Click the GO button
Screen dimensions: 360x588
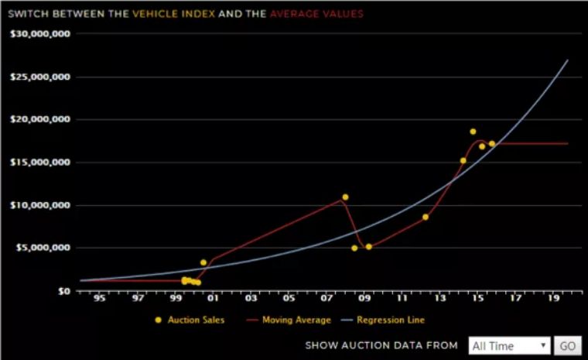[567, 345]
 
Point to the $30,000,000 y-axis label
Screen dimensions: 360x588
[41, 34]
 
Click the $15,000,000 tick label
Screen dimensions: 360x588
[41, 163]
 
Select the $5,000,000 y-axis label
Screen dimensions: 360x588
[43, 249]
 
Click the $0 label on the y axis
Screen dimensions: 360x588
[64, 291]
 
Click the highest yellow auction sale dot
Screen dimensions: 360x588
[473, 132]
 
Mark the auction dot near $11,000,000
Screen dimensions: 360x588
[345, 197]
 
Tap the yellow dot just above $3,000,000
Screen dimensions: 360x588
[203, 262]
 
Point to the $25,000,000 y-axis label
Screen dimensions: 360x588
[41, 77]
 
